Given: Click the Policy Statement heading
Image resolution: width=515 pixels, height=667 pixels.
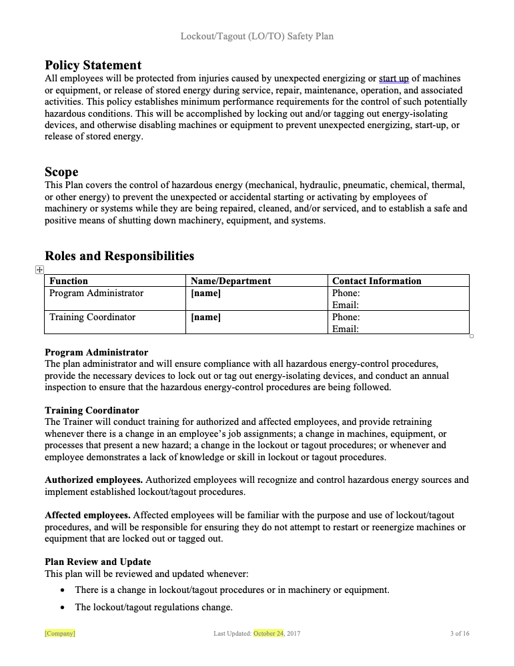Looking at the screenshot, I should click(93, 65).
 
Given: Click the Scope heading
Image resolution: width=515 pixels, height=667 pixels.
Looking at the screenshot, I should click(61, 172).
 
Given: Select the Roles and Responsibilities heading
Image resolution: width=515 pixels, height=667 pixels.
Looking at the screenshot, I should click(119, 256).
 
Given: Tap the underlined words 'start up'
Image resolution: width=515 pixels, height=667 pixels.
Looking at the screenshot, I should click(394, 79).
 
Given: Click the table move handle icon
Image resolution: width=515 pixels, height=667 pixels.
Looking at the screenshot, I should click(39, 269).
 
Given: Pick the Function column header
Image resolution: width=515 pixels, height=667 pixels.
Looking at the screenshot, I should click(69, 281).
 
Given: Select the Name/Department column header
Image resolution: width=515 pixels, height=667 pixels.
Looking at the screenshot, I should click(231, 281).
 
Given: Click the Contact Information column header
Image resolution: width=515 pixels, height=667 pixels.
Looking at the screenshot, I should click(376, 281).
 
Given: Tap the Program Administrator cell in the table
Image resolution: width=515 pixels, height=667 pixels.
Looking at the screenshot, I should click(96, 293).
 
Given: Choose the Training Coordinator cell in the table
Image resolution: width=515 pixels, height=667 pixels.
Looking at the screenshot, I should click(92, 317).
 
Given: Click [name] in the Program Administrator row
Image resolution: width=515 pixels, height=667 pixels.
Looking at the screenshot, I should click(205, 293).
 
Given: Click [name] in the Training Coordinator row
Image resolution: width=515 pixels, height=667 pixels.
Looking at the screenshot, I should click(205, 317).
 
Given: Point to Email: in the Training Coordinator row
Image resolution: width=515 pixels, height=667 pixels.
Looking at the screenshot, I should click(346, 329).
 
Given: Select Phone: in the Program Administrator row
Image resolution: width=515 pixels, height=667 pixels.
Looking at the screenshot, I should click(346, 293).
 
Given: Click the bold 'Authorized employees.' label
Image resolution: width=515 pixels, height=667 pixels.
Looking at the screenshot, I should click(93, 480).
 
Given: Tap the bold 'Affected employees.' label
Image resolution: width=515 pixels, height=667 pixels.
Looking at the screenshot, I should click(87, 516).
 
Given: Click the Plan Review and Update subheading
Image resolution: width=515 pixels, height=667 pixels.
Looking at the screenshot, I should click(97, 562).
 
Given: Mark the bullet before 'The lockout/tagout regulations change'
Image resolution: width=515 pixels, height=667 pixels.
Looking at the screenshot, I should click(63, 608).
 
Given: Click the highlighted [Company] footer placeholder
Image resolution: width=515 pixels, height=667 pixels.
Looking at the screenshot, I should click(60, 633).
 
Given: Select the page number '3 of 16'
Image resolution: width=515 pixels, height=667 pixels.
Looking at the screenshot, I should click(460, 633).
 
